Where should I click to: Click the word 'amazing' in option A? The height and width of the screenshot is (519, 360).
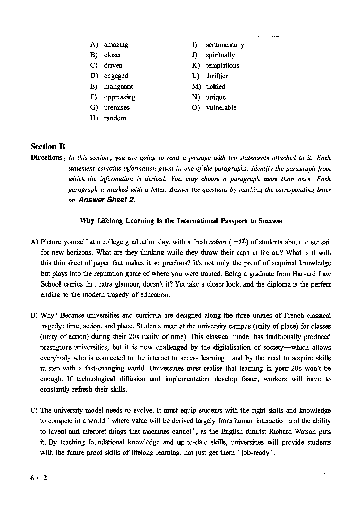tap(116, 45)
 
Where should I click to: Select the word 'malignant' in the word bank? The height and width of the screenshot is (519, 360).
tap(118, 87)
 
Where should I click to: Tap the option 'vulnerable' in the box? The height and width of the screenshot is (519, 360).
tap(221, 108)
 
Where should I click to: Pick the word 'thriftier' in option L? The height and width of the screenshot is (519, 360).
tap(217, 76)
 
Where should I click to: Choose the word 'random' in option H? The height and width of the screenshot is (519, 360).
tap(115, 118)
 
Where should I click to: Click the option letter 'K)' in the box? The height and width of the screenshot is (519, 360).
tap(196, 66)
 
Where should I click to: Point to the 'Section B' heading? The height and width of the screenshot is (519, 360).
tap(47, 146)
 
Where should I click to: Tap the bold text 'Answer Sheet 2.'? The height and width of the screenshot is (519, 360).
tap(107, 200)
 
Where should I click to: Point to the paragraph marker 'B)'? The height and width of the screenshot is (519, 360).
tap(34, 316)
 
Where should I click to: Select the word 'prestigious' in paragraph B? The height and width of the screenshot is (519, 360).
tap(55, 347)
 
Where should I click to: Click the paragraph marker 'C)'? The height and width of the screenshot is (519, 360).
tap(34, 411)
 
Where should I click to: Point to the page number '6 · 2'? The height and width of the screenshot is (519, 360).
tap(38, 478)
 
